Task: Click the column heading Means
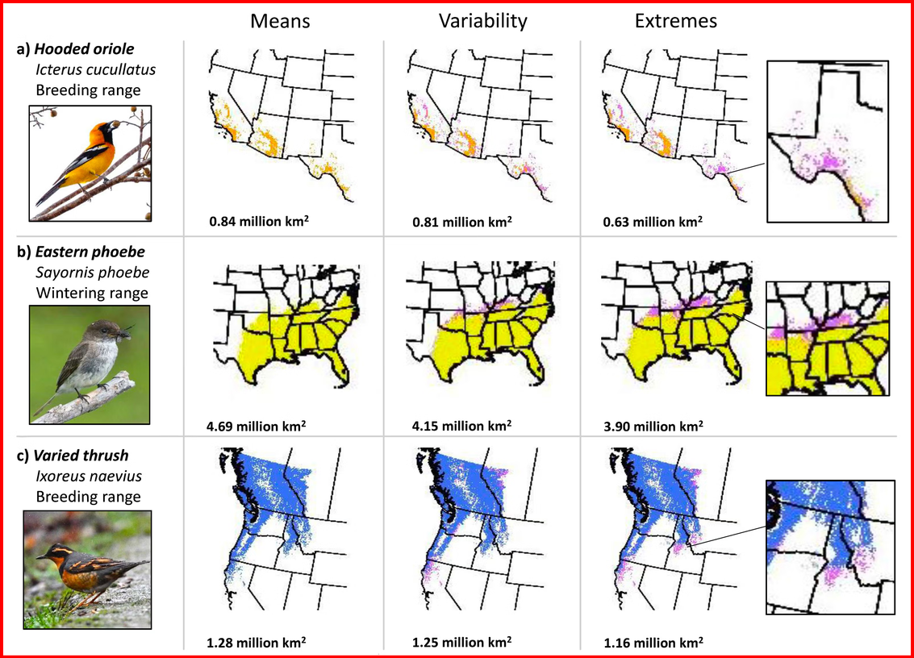(280, 21)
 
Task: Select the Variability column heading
(482, 22)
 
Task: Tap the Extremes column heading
(675, 21)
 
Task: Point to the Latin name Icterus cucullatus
(96, 69)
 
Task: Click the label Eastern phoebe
(90, 252)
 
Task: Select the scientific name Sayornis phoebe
(92, 273)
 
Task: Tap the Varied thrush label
(81, 455)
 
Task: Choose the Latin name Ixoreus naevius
(89, 476)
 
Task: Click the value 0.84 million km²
(259, 221)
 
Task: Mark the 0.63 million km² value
(653, 222)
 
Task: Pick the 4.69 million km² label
(256, 426)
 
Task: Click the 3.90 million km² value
(653, 426)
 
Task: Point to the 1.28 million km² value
(256, 642)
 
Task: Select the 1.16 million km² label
(653, 642)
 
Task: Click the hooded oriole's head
(107, 127)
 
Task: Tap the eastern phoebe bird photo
(90, 364)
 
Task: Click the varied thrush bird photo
(87, 570)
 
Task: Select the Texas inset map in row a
(828, 142)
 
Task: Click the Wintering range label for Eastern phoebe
(92, 293)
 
